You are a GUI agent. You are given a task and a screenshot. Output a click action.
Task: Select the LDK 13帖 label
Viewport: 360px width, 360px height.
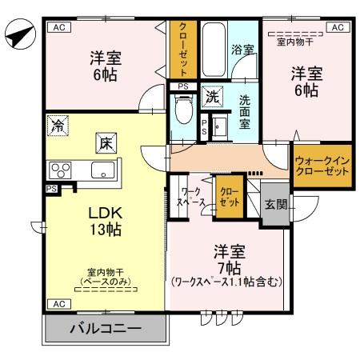[x=104, y=220]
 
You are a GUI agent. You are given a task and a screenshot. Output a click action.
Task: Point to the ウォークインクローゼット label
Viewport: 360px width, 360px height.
[x=322, y=166]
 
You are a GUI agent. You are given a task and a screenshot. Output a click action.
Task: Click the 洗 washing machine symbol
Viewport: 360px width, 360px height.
[x=212, y=97]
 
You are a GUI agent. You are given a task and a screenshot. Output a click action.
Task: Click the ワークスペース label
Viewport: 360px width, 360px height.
[x=190, y=198]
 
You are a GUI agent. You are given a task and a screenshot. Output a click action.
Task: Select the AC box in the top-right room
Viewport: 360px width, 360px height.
[x=338, y=26]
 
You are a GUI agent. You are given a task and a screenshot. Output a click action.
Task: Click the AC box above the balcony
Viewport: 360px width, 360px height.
[x=58, y=304]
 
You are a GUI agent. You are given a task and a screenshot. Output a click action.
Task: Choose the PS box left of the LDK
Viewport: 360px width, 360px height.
[x=51, y=189]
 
